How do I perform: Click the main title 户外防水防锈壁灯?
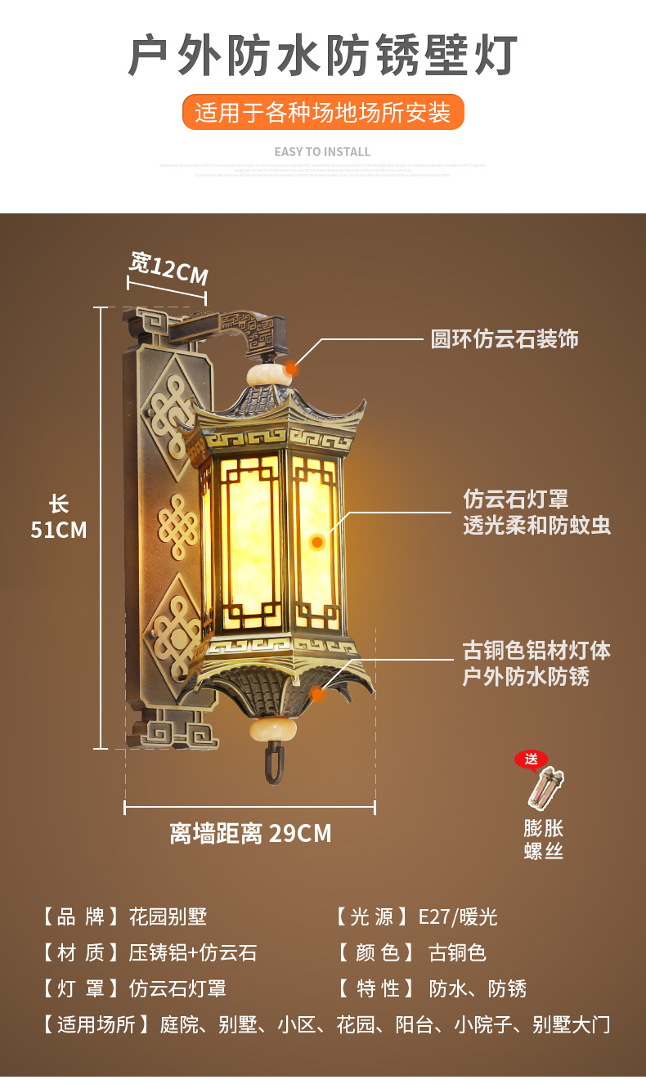click(323, 55)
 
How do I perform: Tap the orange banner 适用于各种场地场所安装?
click(323, 112)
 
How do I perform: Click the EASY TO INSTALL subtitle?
click(323, 152)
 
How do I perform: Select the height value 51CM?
click(59, 530)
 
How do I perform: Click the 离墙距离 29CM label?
click(250, 833)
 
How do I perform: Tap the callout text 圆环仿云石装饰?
click(505, 338)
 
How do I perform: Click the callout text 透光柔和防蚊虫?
click(536, 525)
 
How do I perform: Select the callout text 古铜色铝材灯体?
click(536, 651)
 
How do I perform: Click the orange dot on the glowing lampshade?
click(316, 541)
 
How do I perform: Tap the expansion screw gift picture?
click(546, 788)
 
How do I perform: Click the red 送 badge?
click(531, 759)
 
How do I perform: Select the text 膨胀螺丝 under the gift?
click(544, 839)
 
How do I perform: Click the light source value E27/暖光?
click(458, 916)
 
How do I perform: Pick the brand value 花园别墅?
click(173, 916)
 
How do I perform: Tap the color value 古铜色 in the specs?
click(457, 952)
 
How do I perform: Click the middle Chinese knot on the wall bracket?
click(177, 525)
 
